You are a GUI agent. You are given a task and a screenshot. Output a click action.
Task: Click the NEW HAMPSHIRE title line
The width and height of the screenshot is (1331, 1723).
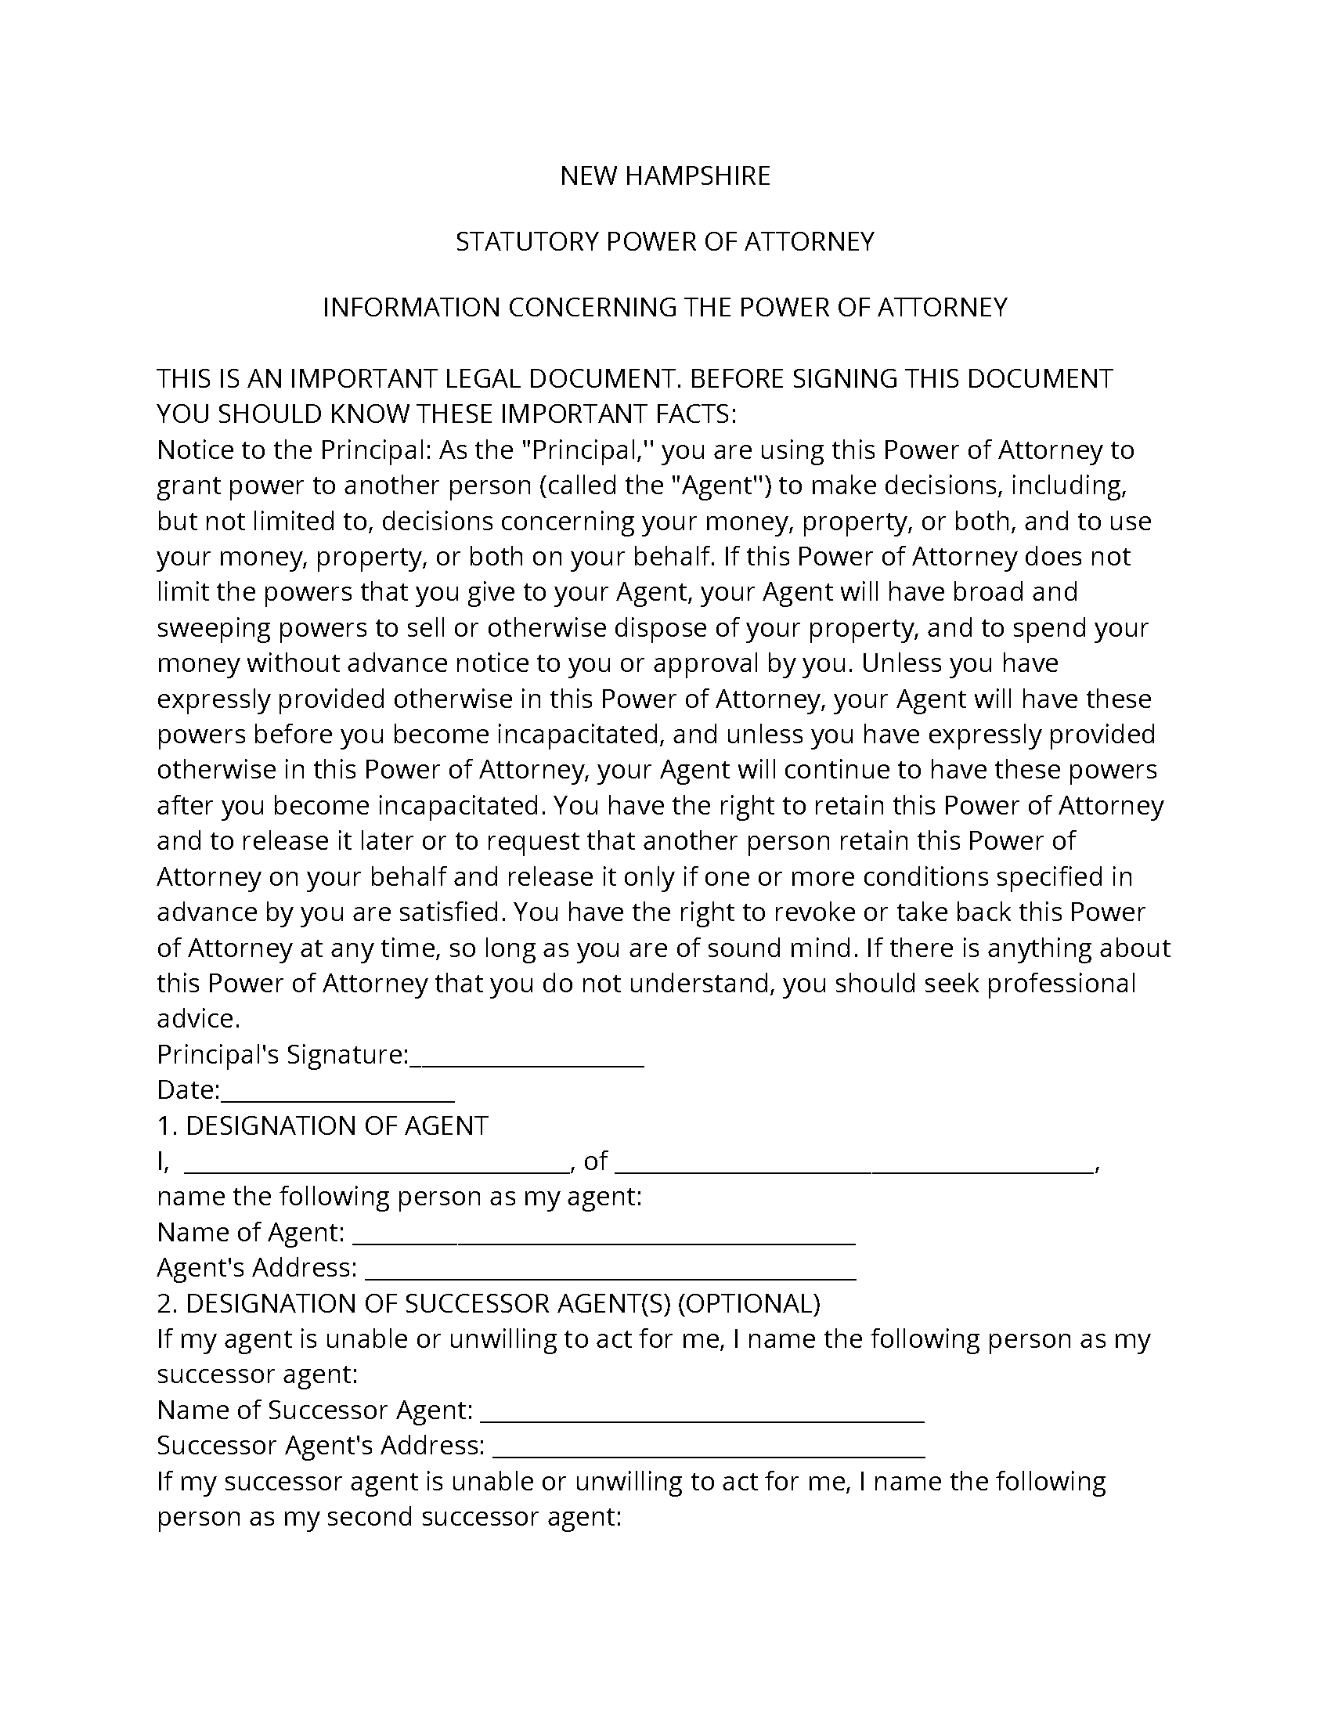[x=665, y=175]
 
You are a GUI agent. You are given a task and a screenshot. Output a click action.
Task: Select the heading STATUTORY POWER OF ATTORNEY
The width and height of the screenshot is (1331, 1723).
[x=665, y=241]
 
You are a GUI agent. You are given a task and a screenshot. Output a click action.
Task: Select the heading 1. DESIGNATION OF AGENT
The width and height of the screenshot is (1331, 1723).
[x=323, y=1125]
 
